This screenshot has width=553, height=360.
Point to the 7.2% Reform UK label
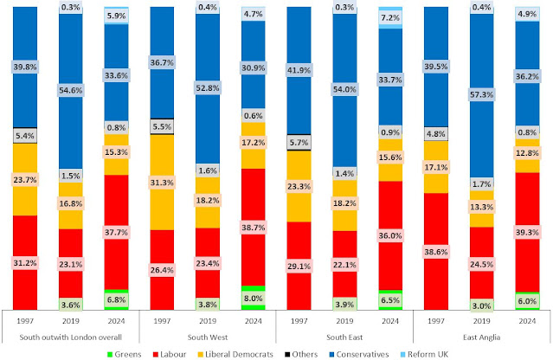pos(389,17)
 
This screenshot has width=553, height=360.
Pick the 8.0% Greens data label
pos(253,299)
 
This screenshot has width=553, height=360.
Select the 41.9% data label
pos(299,69)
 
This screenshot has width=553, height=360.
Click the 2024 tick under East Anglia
pos(526,318)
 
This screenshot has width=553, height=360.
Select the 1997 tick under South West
pos(162,318)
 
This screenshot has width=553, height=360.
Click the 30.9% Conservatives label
pos(253,67)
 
